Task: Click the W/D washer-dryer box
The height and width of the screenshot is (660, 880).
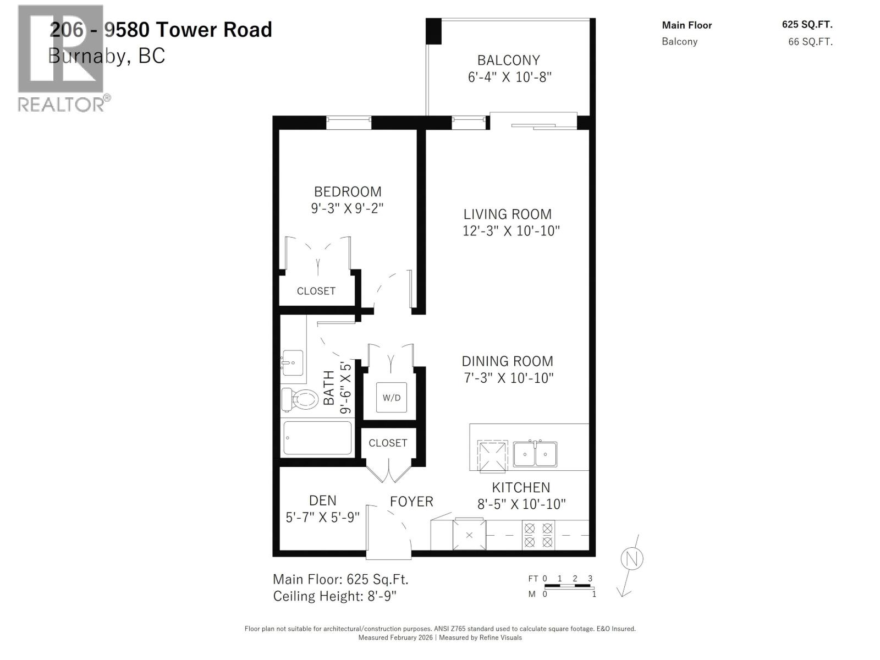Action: tap(392, 397)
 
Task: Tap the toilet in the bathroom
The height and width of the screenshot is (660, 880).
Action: tap(300, 399)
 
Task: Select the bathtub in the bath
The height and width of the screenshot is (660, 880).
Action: tap(317, 438)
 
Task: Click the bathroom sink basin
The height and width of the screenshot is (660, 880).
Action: tap(293, 363)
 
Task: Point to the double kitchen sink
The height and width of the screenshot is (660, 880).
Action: tap(535, 454)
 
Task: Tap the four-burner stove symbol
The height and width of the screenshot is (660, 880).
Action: tap(538, 535)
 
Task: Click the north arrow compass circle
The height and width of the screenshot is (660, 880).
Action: tap(631, 559)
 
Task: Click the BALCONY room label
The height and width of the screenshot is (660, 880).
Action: tap(508, 60)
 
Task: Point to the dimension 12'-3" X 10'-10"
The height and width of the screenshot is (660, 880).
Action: tap(510, 231)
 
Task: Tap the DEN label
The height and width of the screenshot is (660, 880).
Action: tap(323, 501)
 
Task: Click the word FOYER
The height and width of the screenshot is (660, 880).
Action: tap(411, 502)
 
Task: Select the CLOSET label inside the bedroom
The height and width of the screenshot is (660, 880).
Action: tap(316, 291)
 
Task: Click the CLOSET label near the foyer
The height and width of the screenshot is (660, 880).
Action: tap(388, 443)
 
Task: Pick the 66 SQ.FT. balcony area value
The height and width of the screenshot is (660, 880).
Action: tap(810, 42)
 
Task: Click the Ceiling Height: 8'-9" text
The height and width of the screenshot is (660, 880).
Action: tap(334, 596)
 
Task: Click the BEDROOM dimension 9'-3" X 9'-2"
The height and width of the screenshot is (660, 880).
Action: tap(346, 208)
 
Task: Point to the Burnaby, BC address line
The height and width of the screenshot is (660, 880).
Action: tap(107, 56)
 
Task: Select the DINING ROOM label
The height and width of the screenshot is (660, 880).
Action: tap(507, 361)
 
